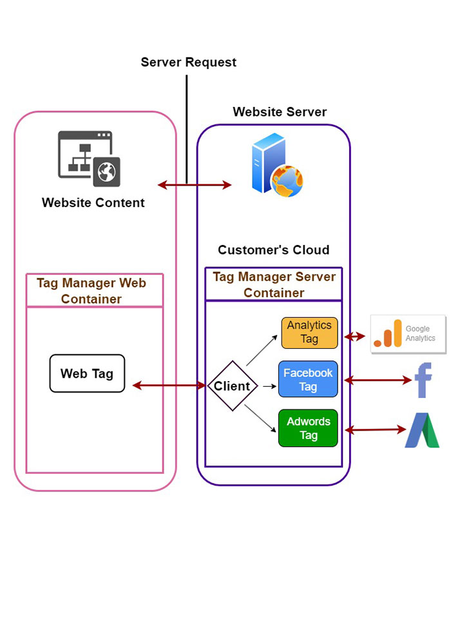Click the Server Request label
tap(189, 63)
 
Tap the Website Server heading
tap(280, 112)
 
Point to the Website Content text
tap(93, 202)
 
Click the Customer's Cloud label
tap(273, 250)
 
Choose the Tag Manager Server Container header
tap(274, 284)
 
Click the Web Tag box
tap(87, 373)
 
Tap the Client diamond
tap(232, 386)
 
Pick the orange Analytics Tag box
tap(309, 333)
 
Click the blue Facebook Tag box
tap(308, 379)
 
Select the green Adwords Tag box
tap(308, 428)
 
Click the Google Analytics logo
tap(408, 334)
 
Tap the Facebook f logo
tap(423, 380)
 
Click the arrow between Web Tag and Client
tap(169, 386)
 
